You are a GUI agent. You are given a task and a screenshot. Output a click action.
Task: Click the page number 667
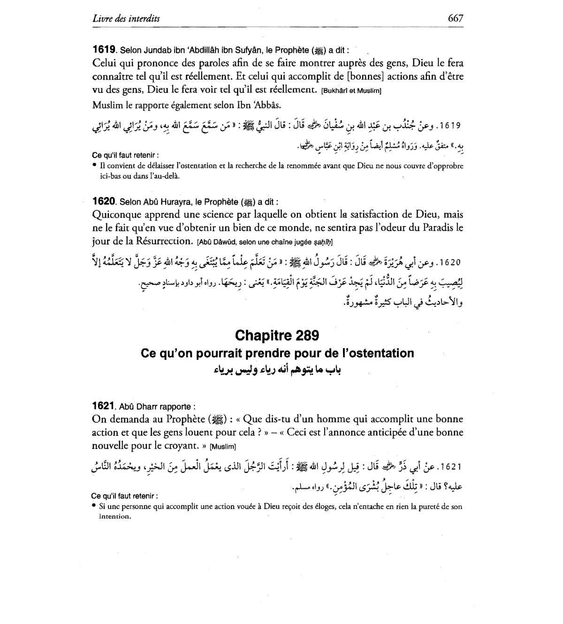click(455, 18)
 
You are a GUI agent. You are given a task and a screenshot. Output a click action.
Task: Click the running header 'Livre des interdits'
click(126, 19)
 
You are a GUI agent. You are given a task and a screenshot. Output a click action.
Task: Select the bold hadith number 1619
click(104, 49)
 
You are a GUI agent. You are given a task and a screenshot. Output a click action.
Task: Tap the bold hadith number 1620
click(104, 201)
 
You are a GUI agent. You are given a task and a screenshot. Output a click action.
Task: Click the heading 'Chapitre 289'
click(277, 335)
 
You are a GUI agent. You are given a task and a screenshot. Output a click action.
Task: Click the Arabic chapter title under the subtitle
click(277, 370)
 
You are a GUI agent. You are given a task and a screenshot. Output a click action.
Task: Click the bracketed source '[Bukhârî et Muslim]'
click(352, 91)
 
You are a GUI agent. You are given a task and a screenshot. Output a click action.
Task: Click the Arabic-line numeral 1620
click(449, 262)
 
